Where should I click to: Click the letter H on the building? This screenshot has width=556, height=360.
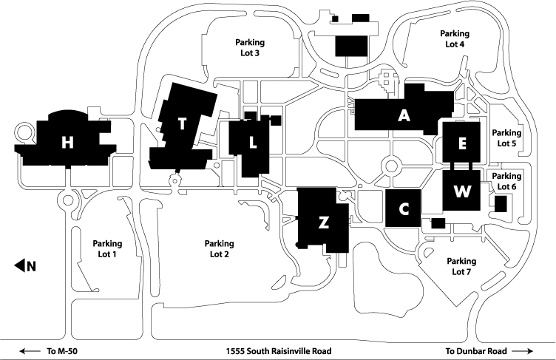tap(67, 143)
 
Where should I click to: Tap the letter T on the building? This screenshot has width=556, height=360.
tap(182, 123)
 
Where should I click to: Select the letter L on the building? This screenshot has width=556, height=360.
tap(253, 143)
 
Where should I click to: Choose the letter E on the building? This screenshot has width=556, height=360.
tap(462, 144)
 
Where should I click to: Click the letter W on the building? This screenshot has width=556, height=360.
tap(462, 191)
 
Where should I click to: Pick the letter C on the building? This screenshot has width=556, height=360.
tap(404, 209)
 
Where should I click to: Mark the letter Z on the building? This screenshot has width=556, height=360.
tap(323, 223)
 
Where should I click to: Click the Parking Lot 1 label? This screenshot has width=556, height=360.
tap(107, 248)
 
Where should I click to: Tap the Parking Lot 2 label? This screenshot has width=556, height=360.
tap(219, 249)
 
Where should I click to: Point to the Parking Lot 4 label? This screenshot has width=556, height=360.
tap(455, 38)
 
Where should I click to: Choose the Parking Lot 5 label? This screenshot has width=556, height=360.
tap(506, 137)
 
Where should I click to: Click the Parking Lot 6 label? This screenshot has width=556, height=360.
tap(506, 181)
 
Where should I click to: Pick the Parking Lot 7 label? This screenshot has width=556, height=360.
tap(461, 266)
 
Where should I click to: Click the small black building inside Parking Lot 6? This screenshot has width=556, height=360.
tap(501, 204)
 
